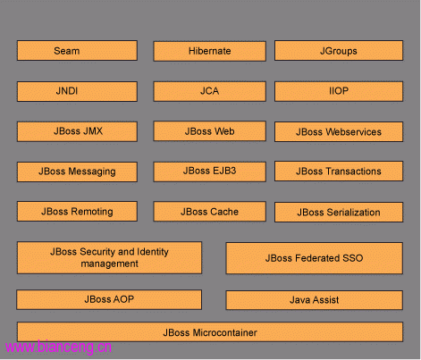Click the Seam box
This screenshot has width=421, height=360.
click(x=77, y=51)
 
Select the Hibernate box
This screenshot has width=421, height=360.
click(x=210, y=51)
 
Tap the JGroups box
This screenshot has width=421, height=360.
click(x=339, y=51)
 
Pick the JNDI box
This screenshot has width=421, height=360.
click(x=77, y=91)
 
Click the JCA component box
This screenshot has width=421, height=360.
click(x=210, y=91)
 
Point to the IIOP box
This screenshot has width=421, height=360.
click(x=339, y=91)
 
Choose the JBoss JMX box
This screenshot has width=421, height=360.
click(x=77, y=131)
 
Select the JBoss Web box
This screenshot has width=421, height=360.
click(x=210, y=131)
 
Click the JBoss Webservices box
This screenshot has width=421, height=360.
click(x=339, y=131)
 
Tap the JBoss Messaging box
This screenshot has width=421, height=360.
click(x=77, y=172)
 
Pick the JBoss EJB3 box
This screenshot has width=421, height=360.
click(x=210, y=172)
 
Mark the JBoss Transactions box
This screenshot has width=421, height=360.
click(x=339, y=172)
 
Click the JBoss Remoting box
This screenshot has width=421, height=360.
click(x=77, y=212)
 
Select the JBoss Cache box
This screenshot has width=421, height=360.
click(x=210, y=212)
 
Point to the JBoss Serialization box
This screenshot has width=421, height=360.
click(x=339, y=213)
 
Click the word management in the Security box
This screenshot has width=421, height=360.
click(x=109, y=264)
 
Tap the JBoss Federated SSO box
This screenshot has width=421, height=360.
click(x=315, y=258)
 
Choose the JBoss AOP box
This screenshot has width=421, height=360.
click(x=109, y=300)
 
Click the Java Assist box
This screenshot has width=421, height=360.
click(x=315, y=300)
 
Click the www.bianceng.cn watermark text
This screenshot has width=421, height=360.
click(x=58, y=347)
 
